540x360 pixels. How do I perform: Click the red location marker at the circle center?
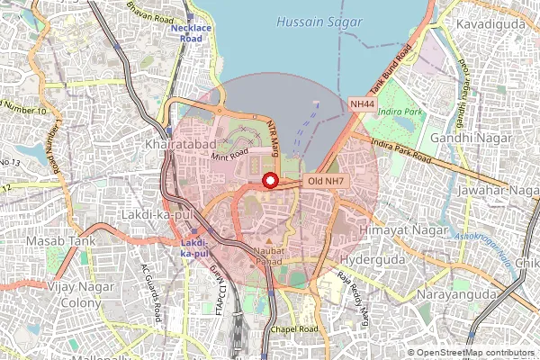(x=268, y=181)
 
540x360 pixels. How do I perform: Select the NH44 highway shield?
(x=362, y=105)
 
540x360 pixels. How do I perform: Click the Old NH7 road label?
(x=326, y=181)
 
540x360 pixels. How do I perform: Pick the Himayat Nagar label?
(x=391, y=231)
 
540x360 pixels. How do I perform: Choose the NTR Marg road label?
(x=276, y=138)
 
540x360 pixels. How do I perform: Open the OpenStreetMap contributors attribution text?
(x=474, y=353)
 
